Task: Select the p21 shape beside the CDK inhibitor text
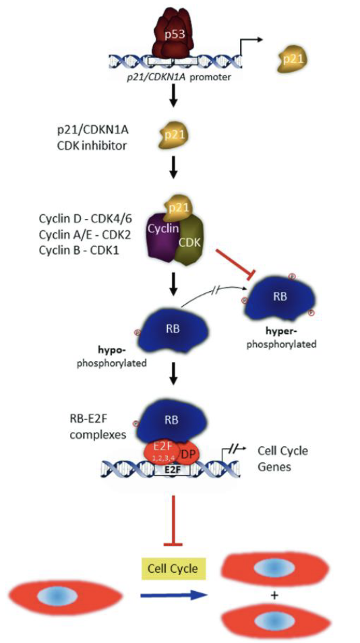[174, 135]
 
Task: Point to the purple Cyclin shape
[162, 237]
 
